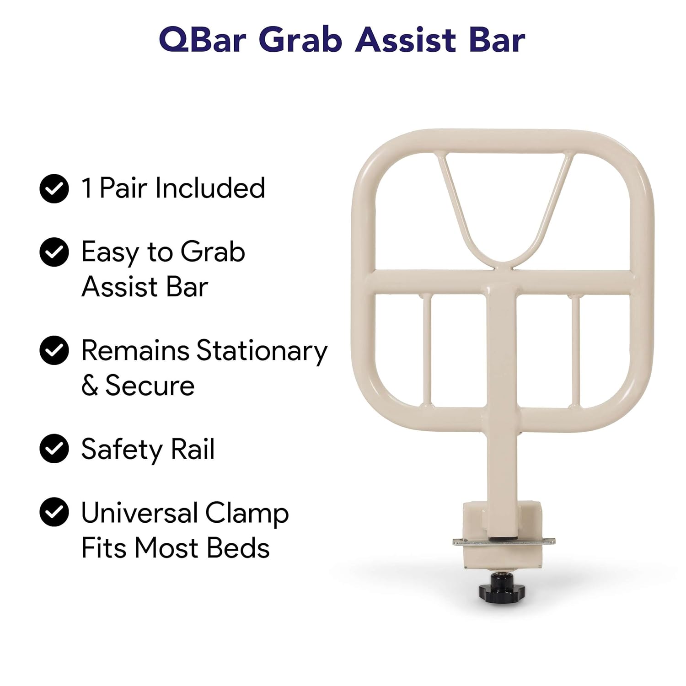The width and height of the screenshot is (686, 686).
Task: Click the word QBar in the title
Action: coord(202,40)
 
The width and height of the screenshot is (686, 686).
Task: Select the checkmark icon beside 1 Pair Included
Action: coord(54,188)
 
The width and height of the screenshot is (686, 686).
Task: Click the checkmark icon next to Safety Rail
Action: coord(54,449)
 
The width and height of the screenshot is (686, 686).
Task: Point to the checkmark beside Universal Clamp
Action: coord(54,512)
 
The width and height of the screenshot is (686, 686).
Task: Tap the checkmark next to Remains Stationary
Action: coord(54,350)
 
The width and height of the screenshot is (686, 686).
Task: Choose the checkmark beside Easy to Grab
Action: coord(54,252)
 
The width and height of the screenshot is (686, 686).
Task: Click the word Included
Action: coord(210,188)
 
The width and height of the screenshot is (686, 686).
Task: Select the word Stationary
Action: coord(262,352)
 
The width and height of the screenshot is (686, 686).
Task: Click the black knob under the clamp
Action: coord(502,587)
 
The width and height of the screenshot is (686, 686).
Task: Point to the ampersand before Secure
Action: coord(90,386)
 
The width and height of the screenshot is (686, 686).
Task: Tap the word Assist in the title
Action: coord(405,40)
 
